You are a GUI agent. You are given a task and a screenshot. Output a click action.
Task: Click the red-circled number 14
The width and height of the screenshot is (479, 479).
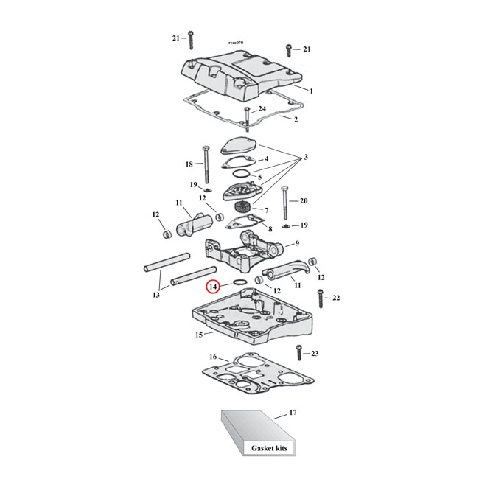(x=213, y=286)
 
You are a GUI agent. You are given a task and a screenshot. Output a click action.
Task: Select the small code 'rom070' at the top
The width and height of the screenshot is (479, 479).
(x=237, y=43)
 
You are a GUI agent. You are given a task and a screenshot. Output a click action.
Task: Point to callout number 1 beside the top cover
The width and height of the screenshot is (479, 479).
(x=311, y=91)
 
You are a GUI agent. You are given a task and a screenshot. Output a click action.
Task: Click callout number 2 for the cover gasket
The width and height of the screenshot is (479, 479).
(x=296, y=119)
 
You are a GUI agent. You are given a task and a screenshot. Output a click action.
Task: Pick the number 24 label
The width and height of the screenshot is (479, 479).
(x=262, y=109)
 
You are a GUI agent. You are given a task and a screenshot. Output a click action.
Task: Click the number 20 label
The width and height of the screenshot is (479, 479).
(x=303, y=200)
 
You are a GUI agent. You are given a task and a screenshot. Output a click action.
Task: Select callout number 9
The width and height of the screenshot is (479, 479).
(x=296, y=243)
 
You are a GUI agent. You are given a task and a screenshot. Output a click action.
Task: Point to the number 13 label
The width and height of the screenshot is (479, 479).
(x=155, y=295)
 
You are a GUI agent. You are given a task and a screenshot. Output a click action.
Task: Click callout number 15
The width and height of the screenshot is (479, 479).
(x=198, y=335)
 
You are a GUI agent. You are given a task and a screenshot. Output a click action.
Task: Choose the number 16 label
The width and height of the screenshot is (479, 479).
(x=213, y=357)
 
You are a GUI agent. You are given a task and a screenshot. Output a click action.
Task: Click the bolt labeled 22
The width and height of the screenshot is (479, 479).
(x=320, y=298)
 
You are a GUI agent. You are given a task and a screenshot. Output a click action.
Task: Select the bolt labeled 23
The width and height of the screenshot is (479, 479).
(x=298, y=353)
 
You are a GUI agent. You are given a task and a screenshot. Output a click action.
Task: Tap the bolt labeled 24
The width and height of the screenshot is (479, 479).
(x=248, y=114)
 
